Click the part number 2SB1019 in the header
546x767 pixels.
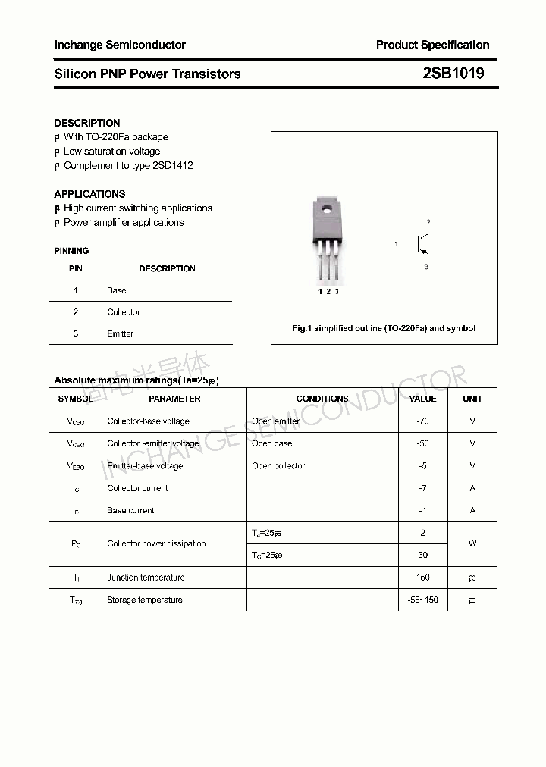pyautogui.click(x=453, y=74)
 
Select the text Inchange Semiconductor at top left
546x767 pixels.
pyautogui.click(x=120, y=45)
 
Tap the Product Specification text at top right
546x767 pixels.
pyautogui.click(x=432, y=45)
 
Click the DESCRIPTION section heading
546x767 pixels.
pyautogui.click(x=87, y=123)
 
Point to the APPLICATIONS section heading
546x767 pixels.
pyautogui.click(x=89, y=194)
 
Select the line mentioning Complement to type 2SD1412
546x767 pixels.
pyautogui.click(x=127, y=165)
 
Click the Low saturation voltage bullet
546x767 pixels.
pyautogui.click(x=111, y=152)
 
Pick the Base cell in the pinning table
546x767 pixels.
pyautogui.click(x=117, y=290)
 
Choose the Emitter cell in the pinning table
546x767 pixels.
pyautogui.click(x=121, y=333)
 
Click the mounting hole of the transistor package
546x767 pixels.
pyautogui.click(x=328, y=208)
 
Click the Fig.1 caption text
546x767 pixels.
pyautogui.click(x=384, y=328)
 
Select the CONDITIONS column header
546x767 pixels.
pyautogui.click(x=322, y=399)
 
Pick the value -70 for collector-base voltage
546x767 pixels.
pyautogui.click(x=423, y=421)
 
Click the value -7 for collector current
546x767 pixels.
pyautogui.click(x=423, y=488)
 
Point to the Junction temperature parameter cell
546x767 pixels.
pyautogui.click(x=146, y=578)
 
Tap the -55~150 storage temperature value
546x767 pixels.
pyautogui.click(x=423, y=600)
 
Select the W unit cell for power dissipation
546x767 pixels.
pyautogui.click(x=472, y=543)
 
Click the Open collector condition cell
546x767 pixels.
pyautogui.click(x=278, y=465)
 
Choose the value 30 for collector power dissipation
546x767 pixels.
pyautogui.click(x=423, y=555)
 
